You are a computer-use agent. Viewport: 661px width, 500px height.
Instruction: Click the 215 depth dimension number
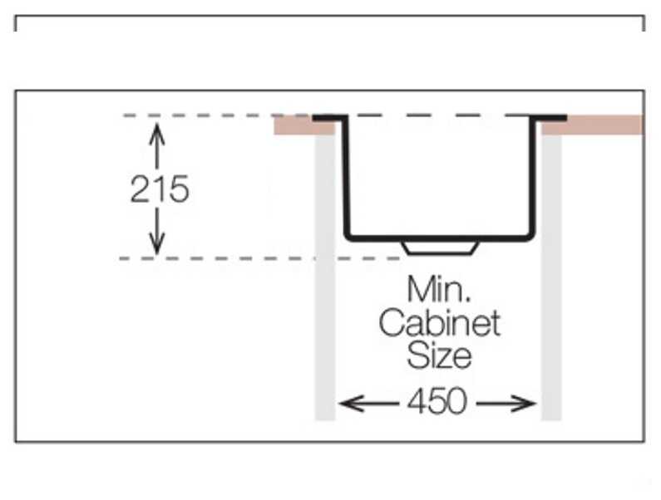tap(160, 190)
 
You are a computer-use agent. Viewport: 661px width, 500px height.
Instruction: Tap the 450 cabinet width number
tap(437, 403)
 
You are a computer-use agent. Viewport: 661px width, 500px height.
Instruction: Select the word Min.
tap(438, 290)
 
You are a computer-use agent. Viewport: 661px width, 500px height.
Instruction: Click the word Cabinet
tap(440, 323)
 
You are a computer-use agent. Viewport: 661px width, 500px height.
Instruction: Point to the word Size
tap(440, 355)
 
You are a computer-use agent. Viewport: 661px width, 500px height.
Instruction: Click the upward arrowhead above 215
tap(156, 130)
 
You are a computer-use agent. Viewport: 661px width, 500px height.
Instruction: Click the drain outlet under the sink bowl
tap(439, 248)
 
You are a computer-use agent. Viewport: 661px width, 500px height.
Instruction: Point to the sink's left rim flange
tap(328, 119)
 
